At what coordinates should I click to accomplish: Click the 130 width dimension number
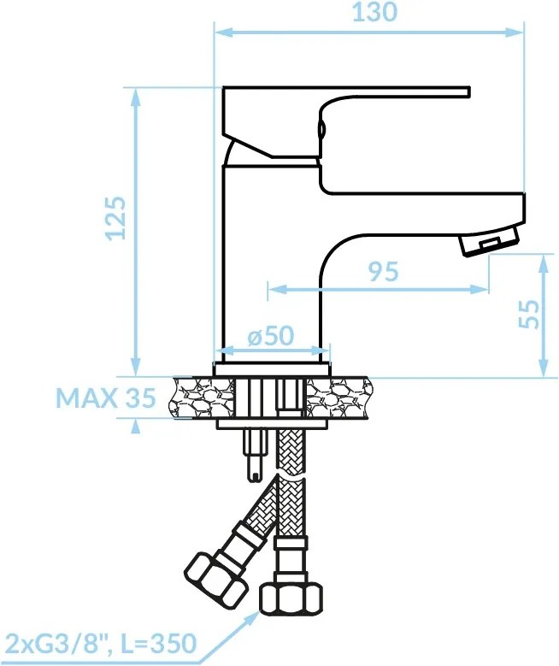point(374,12)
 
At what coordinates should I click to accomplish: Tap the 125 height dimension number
point(116,218)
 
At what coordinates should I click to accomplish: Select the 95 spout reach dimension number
point(383,271)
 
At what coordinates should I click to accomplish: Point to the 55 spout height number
point(529,315)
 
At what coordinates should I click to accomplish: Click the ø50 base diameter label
point(271,335)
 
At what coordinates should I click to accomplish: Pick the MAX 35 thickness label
point(106,398)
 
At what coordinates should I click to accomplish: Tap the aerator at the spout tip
point(490,241)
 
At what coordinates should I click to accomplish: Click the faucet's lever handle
point(346,123)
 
